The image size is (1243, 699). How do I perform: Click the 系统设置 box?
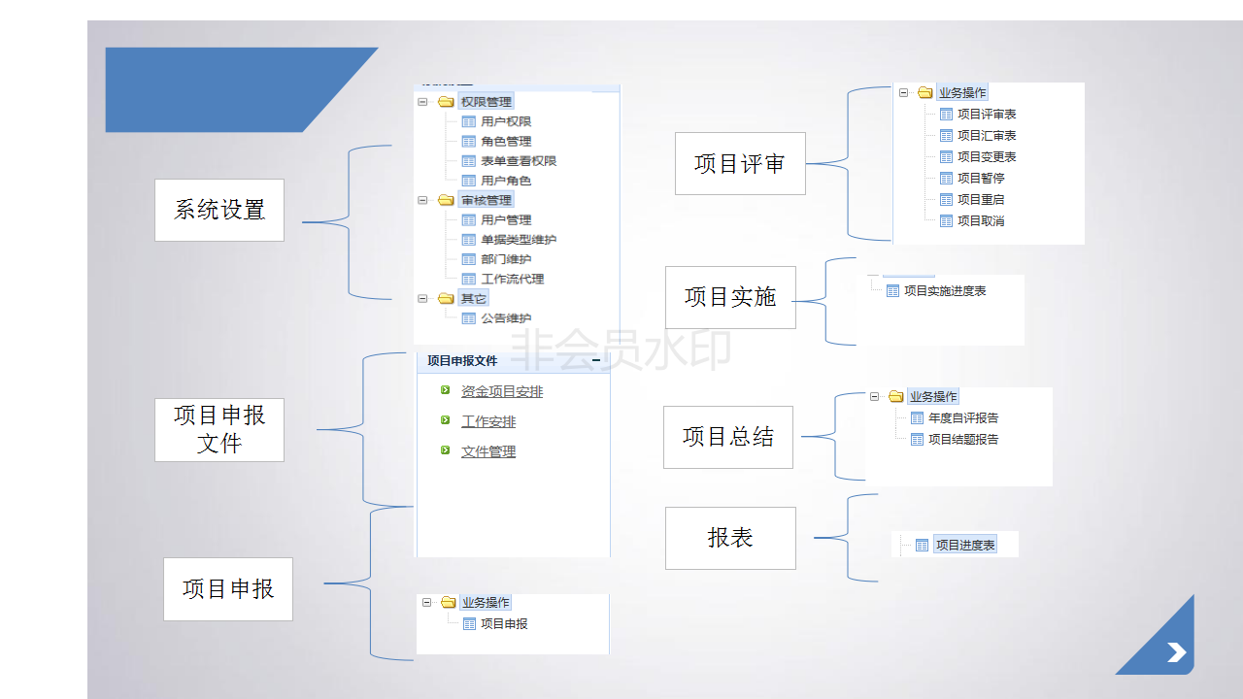point(219,210)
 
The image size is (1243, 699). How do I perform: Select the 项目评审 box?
point(740,164)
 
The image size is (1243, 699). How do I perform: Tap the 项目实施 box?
point(730,297)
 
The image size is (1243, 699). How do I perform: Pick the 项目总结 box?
point(728,437)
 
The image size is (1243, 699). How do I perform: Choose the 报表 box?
point(730,538)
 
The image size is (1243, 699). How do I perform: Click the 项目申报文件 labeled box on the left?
point(219,430)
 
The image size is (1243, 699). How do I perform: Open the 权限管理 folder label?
point(487,102)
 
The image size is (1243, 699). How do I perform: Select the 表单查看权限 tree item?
point(519,161)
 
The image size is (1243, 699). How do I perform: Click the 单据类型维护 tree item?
point(519,240)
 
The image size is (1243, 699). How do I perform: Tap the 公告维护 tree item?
point(506,318)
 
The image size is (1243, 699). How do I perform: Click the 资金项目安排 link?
point(502,391)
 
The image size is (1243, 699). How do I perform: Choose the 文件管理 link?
point(488,451)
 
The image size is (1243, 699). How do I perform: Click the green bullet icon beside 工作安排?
point(445,420)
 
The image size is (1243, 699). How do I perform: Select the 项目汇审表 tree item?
point(987,135)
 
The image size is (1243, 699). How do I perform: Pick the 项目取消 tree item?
point(981,220)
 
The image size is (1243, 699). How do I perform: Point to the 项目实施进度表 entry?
point(945,290)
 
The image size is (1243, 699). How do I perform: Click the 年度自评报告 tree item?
point(963,417)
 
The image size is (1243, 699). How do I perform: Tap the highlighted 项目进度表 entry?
point(965,545)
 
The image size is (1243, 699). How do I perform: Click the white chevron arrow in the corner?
point(1176,652)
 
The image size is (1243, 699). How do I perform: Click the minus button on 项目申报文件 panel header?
point(596,360)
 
